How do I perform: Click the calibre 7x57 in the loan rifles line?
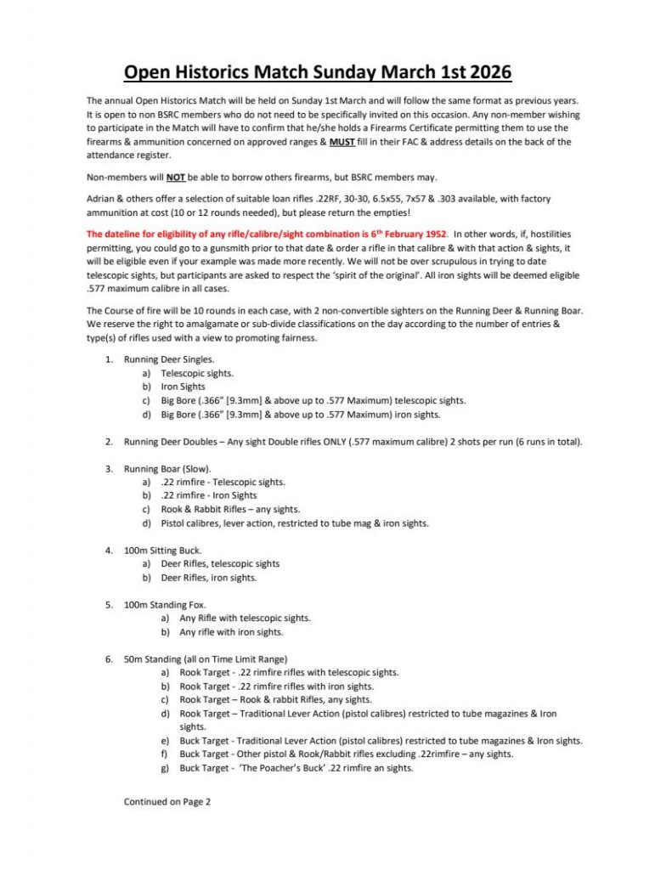point(423,199)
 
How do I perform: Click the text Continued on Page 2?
point(167,800)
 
